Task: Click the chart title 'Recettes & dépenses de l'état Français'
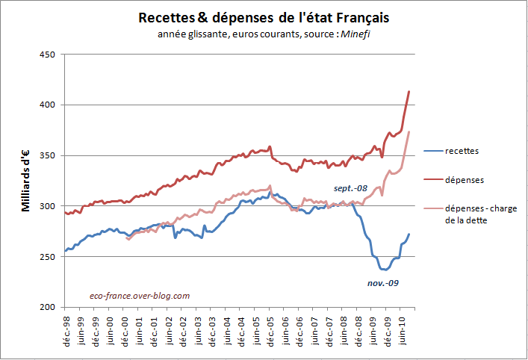264,17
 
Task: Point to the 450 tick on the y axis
48,55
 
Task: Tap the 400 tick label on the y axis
48,105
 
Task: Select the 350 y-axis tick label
48,155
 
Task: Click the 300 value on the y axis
48,205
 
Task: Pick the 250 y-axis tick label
48,256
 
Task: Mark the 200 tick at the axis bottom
48,306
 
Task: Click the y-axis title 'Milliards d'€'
25,181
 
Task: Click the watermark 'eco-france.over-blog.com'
139,295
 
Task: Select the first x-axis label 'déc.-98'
67,329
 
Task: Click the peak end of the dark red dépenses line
409,91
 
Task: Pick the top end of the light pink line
409,131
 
